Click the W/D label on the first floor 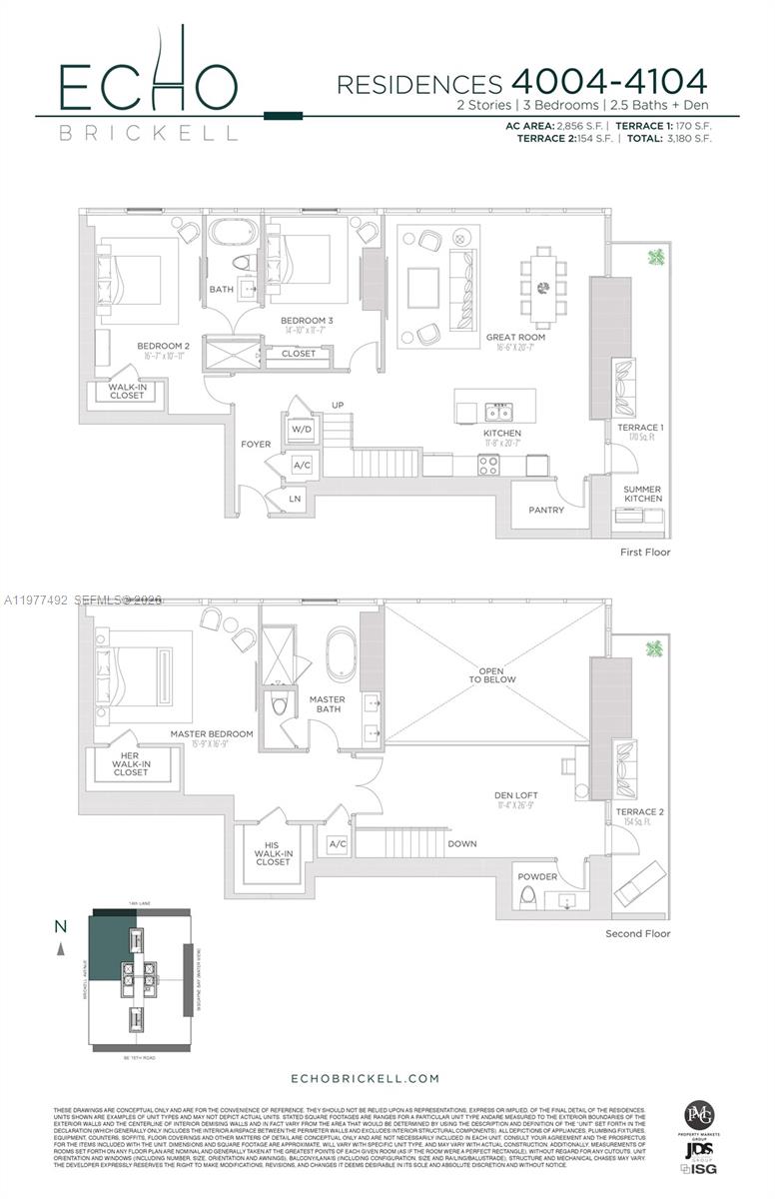(302, 430)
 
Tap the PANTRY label (546, 510)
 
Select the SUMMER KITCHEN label (642, 494)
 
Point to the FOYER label (256, 444)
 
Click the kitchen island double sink (495, 412)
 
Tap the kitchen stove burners (489, 464)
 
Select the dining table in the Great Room (543, 288)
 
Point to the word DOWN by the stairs (462, 843)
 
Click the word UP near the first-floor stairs (339, 405)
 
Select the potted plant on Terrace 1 (656, 259)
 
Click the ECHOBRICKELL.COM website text (365, 1078)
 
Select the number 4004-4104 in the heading (608, 81)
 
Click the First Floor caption (644, 552)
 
